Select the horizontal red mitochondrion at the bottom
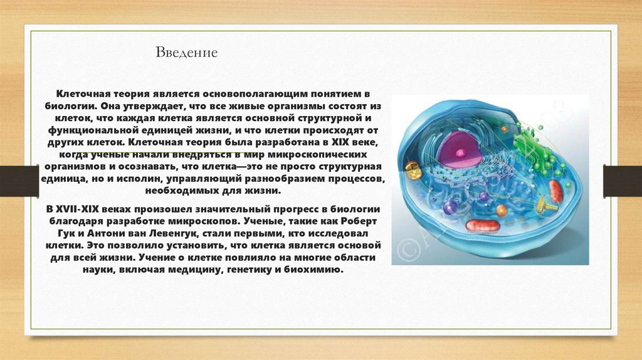[483, 225]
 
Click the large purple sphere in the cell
[450, 207]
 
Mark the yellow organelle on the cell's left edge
[411, 167]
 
